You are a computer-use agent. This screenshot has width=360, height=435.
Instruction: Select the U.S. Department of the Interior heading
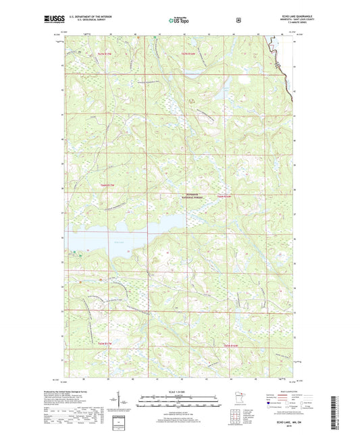pyautogui.click(x=95, y=17)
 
